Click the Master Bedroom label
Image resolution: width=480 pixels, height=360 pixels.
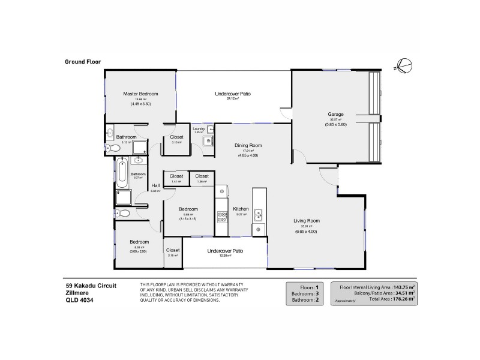pos(140,94)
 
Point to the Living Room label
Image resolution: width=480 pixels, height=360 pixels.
pos(305,220)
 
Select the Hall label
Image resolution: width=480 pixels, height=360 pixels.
pos(155,185)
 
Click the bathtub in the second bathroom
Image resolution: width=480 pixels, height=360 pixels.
pos(122,172)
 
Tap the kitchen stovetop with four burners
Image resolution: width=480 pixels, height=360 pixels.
pos(221,217)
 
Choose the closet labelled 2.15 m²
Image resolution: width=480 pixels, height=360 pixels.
pos(173,253)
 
